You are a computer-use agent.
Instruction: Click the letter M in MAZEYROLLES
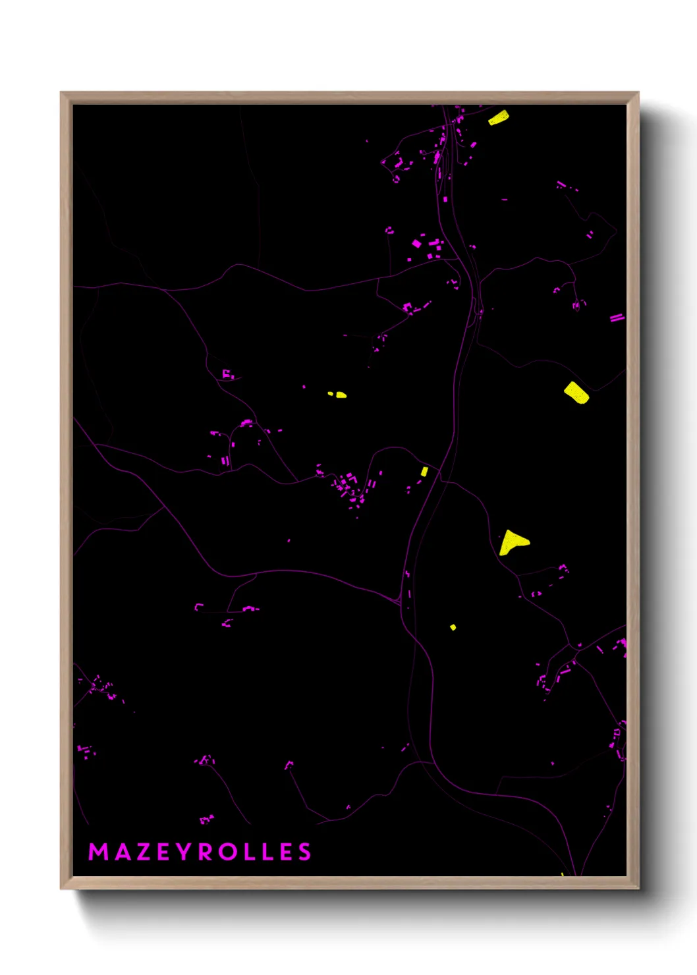[x=98, y=852]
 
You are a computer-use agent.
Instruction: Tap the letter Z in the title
[x=145, y=852]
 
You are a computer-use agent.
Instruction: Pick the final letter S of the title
[x=304, y=852]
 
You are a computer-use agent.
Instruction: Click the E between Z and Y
[x=165, y=852]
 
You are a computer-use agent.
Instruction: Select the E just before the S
[x=286, y=852]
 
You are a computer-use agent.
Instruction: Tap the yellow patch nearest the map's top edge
[x=498, y=118]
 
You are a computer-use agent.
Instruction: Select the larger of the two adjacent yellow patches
[x=341, y=395]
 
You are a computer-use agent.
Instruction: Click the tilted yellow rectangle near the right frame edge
[x=576, y=393]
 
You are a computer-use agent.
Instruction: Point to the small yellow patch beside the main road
[x=424, y=471]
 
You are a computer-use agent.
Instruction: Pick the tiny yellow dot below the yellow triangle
[x=453, y=627]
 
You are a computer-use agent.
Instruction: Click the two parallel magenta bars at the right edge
[x=617, y=318]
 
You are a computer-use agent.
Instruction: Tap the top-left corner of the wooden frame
[x=62, y=94]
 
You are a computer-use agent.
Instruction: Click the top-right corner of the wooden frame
[x=638, y=94]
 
